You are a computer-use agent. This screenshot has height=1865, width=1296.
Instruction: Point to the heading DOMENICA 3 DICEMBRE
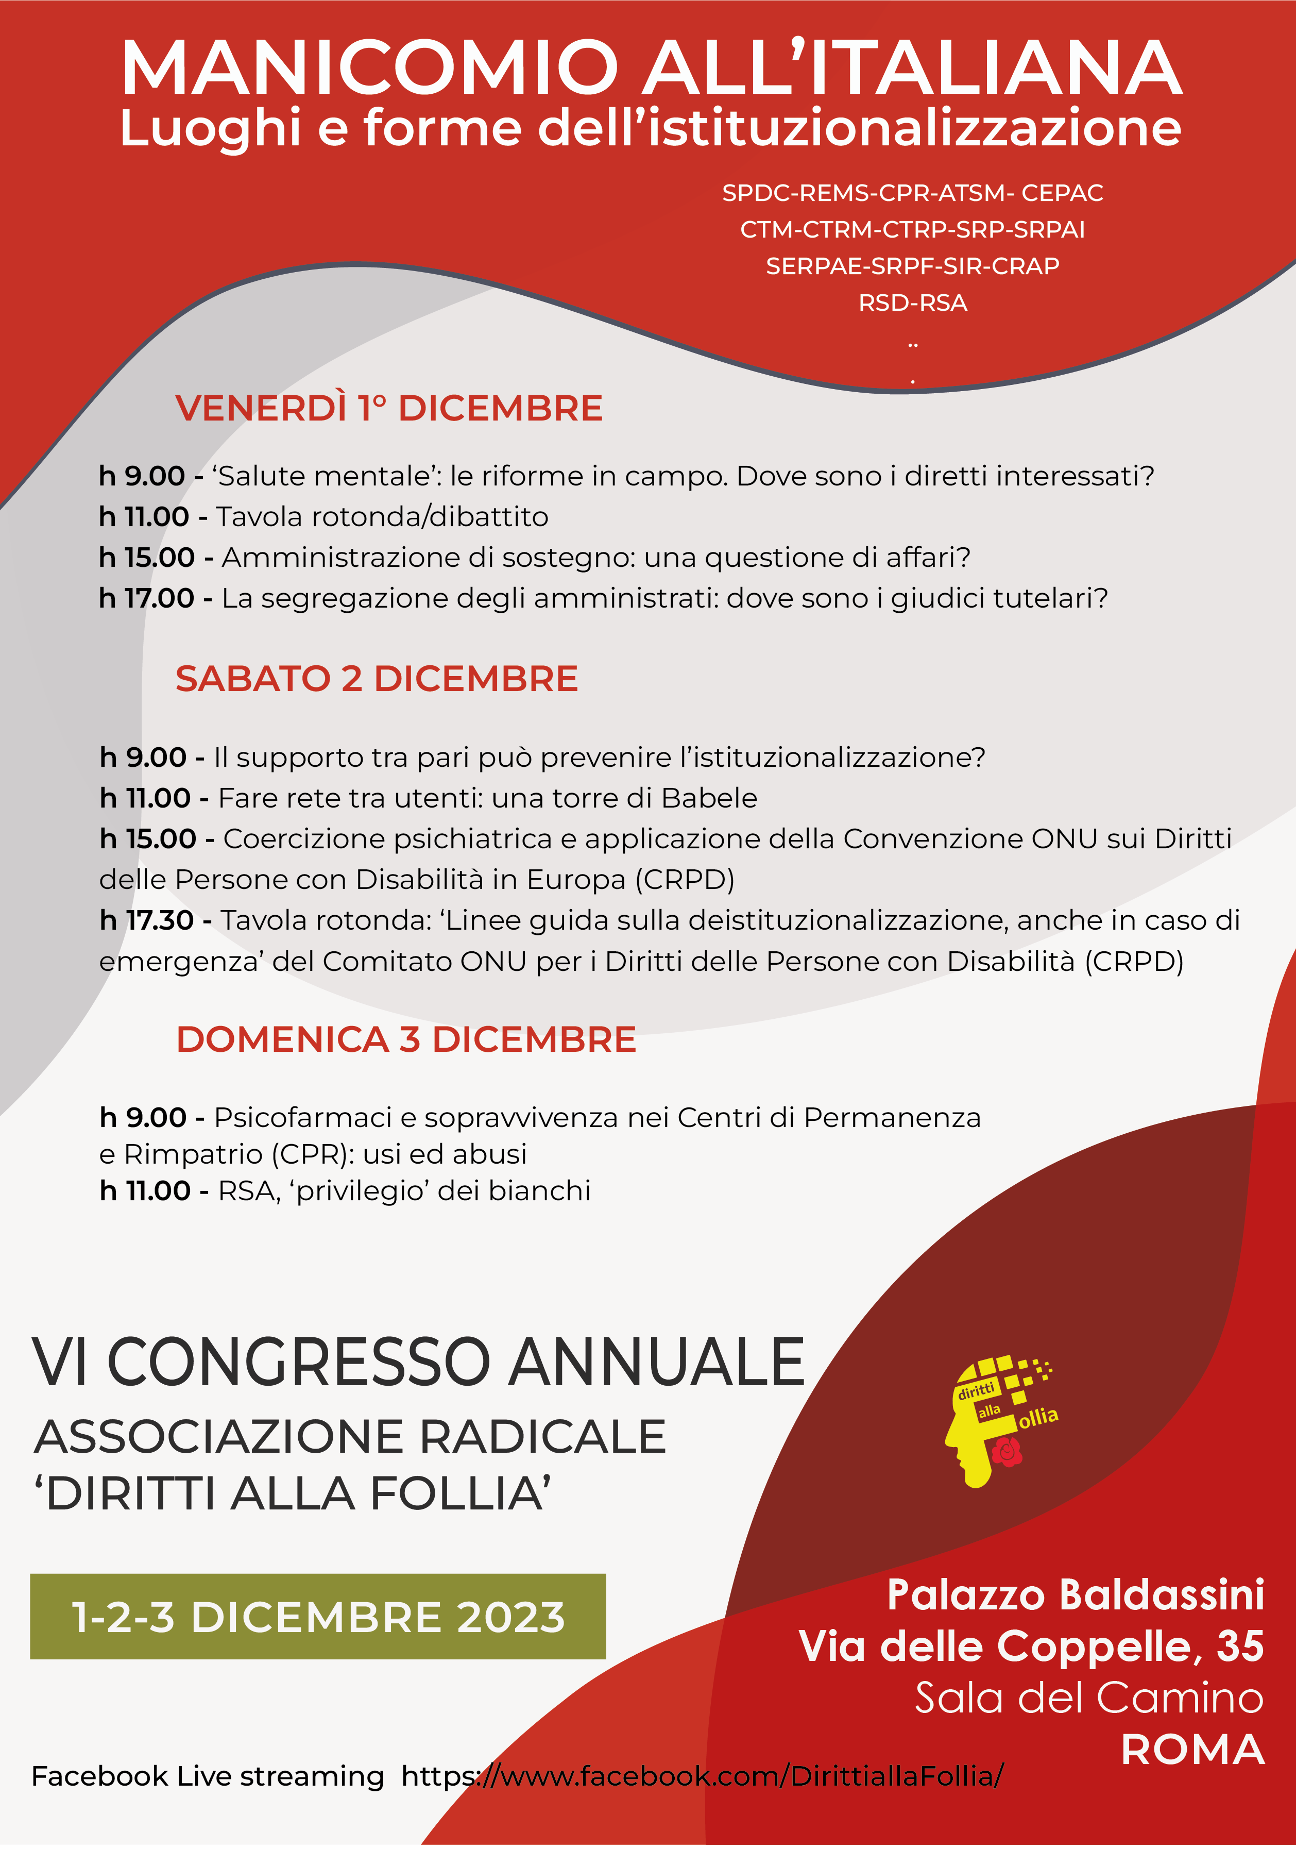[x=406, y=1040]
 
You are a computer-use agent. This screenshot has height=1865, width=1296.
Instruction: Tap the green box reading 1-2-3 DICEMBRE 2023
[x=317, y=1617]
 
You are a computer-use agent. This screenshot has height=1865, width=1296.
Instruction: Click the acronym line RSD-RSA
[x=913, y=303]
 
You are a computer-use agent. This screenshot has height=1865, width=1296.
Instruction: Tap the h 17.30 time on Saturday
[x=146, y=920]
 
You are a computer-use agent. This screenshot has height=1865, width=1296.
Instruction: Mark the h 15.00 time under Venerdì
[x=146, y=557]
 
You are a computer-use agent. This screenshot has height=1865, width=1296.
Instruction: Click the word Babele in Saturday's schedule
[x=709, y=798]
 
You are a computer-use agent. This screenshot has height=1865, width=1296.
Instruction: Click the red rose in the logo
[x=1007, y=1452]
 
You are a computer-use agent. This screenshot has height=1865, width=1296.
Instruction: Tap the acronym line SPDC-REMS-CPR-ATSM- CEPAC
[x=913, y=193]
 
